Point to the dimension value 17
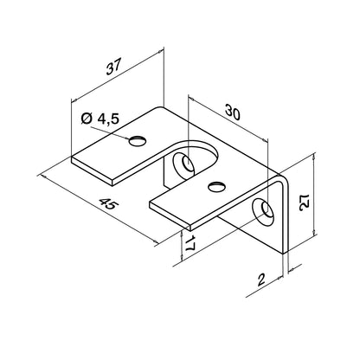190,246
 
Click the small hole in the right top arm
214,184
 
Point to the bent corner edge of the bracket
280,186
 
